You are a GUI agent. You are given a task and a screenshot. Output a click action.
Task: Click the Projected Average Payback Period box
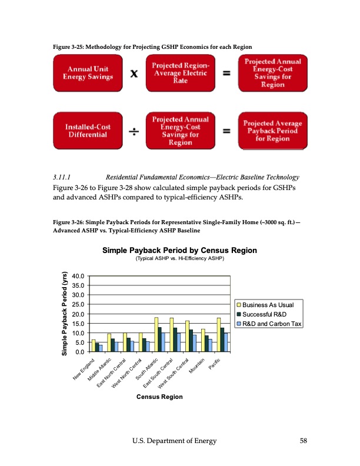pos(272,131)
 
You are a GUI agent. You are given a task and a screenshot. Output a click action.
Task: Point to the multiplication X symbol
pos(135,74)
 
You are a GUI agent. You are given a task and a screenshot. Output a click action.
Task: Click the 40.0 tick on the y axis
pos(78,276)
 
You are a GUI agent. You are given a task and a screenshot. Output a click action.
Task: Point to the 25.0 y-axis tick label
pos(78,304)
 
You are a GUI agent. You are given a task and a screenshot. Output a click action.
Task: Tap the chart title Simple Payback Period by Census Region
pos(179,251)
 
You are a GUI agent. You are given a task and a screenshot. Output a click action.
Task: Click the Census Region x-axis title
pos(159,397)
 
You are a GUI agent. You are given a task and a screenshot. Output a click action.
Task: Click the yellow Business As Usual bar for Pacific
pos(219,335)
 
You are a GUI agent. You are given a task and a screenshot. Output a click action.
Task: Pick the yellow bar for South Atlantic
pos(156,334)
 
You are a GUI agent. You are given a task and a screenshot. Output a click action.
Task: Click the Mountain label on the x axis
pos(197,365)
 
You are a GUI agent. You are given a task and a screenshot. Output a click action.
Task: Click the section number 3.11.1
pos(62,177)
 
